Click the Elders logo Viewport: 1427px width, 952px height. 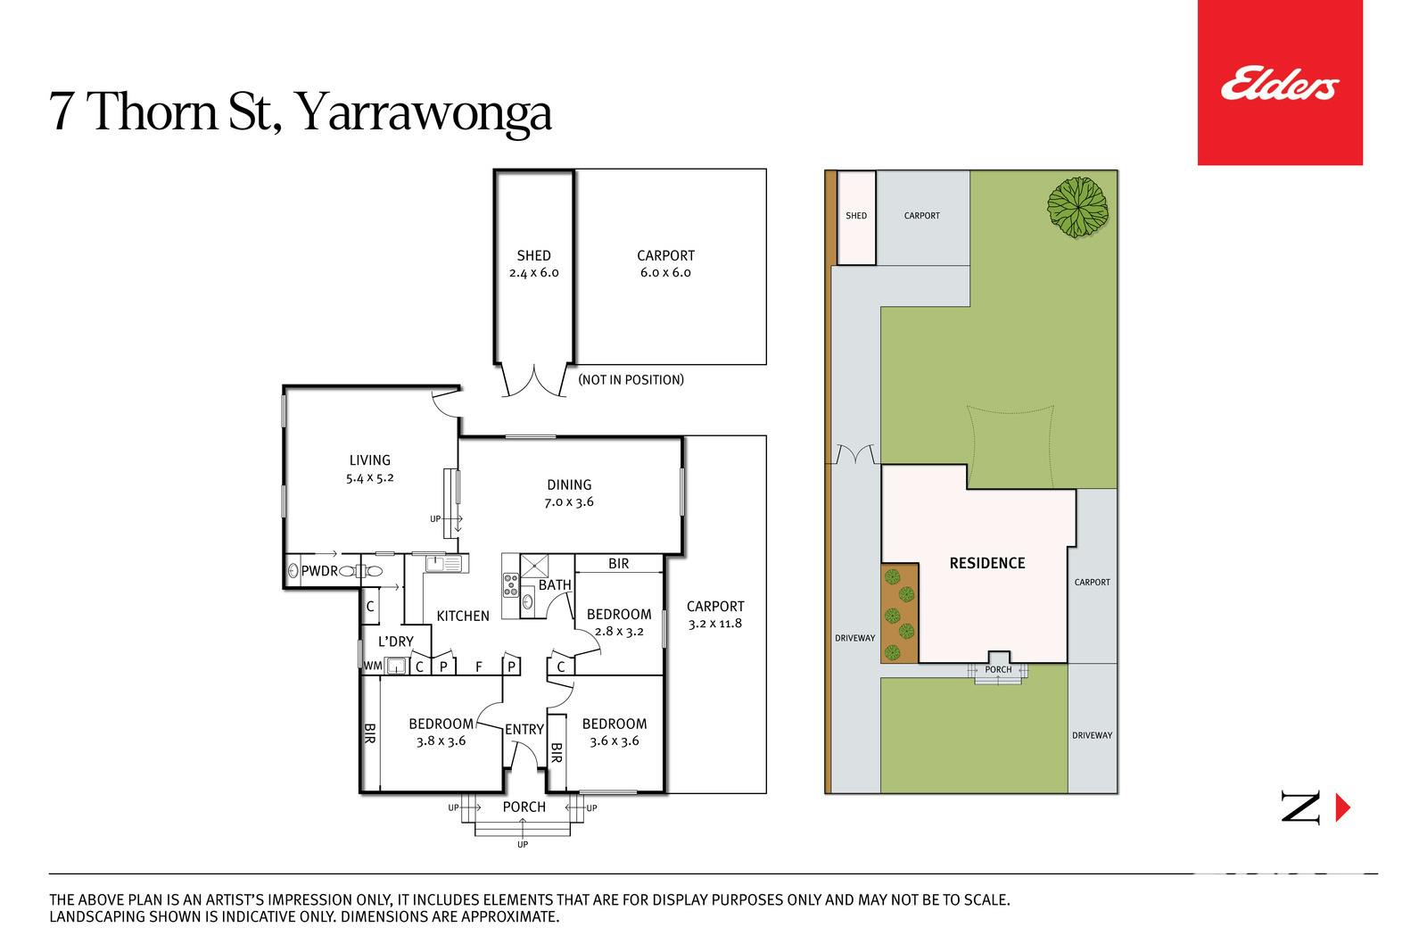coord(1280,84)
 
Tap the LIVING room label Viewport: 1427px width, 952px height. coord(370,460)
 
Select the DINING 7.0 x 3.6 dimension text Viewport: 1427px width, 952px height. coord(569,502)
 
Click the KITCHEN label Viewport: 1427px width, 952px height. coord(463,617)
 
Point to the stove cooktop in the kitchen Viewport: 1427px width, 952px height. coord(511,585)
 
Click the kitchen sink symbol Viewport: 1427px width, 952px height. coord(442,563)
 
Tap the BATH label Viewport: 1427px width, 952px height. coord(555,585)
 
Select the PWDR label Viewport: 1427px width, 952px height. coord(319,571)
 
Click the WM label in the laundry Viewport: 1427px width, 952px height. coord(373,666)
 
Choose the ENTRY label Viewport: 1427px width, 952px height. coord(524,730)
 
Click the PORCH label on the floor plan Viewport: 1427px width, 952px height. coord(524,807)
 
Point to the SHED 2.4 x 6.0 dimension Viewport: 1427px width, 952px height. coord(534,273)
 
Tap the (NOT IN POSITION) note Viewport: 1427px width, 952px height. coord(631,380)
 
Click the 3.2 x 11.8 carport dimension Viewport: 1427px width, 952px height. coord(715,623)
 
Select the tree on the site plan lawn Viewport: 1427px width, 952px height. coord(1078,207)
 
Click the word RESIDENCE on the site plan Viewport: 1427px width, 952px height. coord(987,563)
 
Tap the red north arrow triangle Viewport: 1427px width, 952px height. coord(1343,808)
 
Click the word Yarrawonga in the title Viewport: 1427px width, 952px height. coord(424,112)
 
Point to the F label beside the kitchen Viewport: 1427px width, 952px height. coord(479,667)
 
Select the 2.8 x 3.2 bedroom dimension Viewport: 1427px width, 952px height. coord(619,632)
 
